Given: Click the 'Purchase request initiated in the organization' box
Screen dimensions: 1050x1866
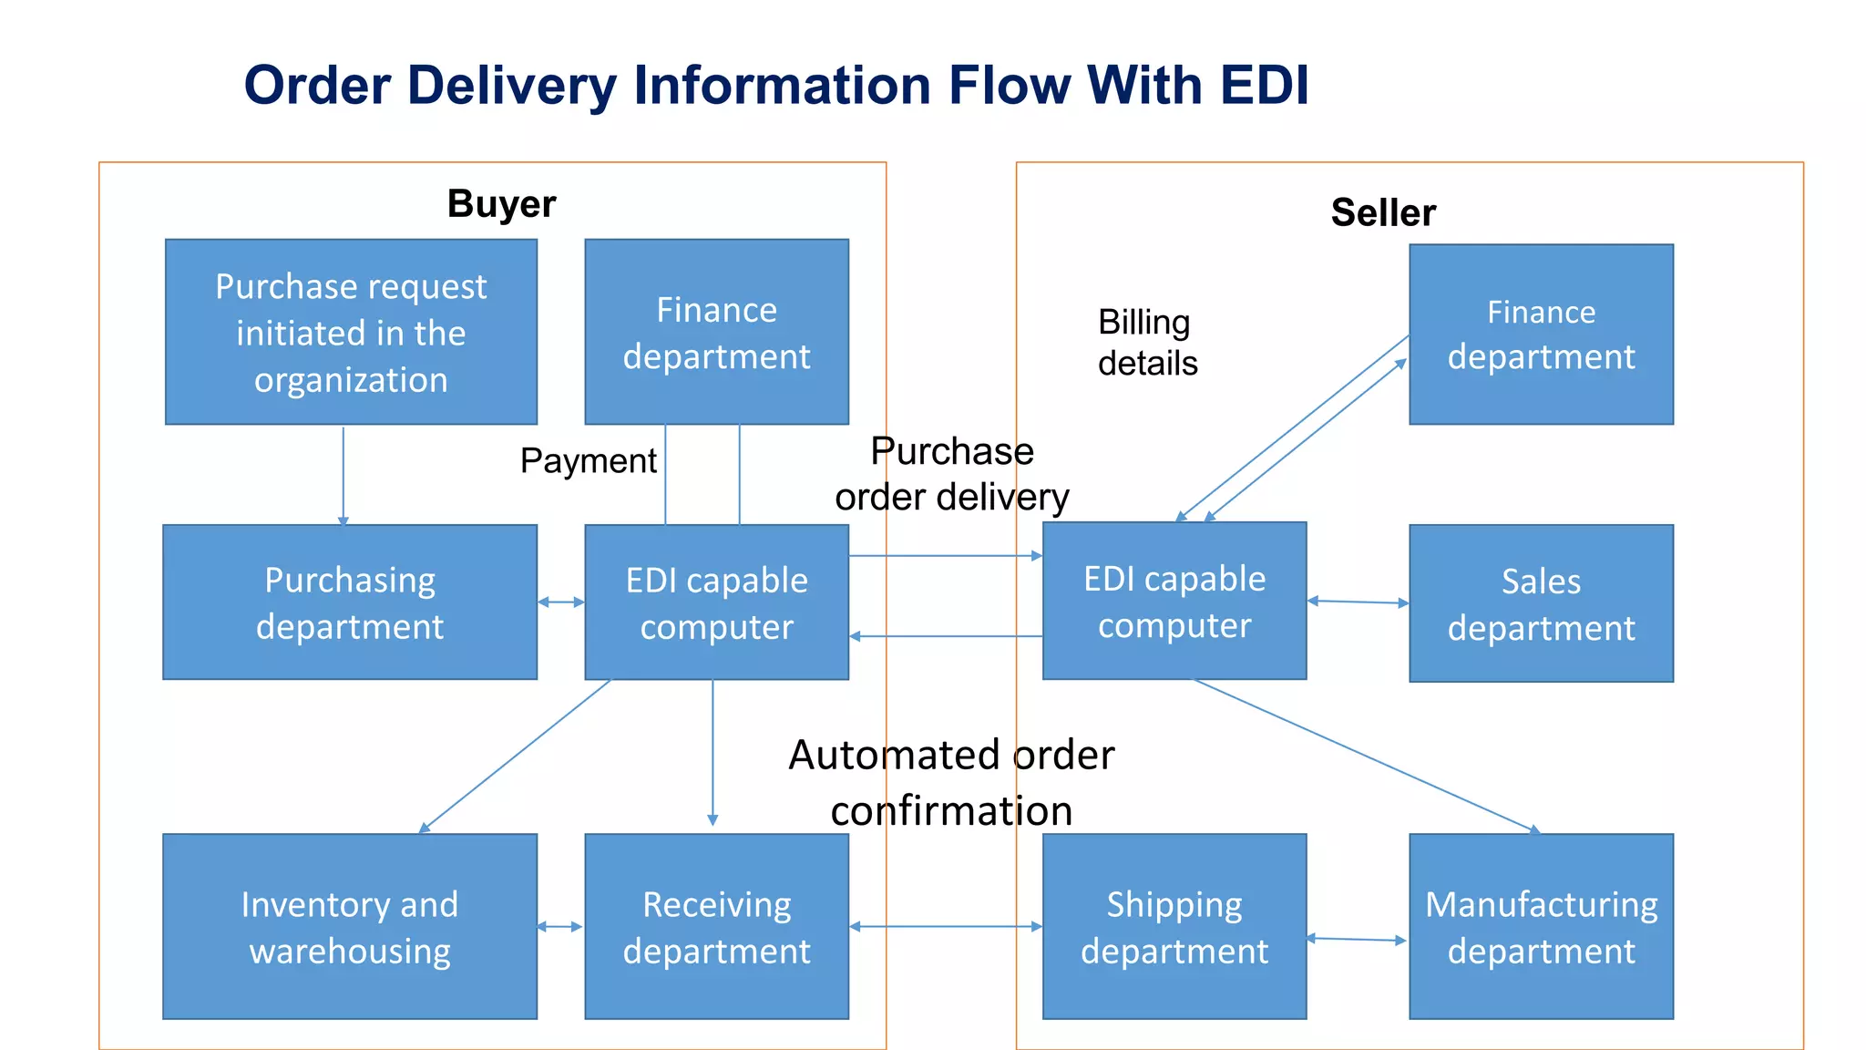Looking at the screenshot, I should [x=351, y=332].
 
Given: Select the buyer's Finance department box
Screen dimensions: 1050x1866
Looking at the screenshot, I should [x=716, y=332].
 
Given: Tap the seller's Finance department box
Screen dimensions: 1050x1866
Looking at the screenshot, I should [x=1541, y=334].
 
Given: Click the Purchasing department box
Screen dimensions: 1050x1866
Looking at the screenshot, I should [x=350, y=602].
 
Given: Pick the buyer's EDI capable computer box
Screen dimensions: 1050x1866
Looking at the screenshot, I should [x=716, y=602].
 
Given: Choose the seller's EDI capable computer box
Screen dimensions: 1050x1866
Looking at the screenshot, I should [x=1174, y=601].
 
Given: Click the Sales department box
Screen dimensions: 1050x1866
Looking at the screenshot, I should [x=1541, y=603].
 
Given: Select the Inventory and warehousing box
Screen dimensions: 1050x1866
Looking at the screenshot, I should [x=350, y=926].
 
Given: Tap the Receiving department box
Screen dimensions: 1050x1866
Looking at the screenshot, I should [x=716, y=926].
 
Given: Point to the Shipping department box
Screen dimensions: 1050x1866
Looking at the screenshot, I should [x=1174, y=926].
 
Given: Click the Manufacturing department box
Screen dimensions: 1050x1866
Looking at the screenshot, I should [x=1541, y=926].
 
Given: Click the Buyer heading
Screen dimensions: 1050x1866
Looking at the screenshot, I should [x=501, y=203].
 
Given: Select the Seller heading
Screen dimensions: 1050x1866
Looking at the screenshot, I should [x=1383, y=212].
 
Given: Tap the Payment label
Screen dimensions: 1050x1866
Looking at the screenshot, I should [x=588, y=461].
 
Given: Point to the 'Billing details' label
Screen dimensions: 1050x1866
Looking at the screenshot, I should [x=1147, y=343].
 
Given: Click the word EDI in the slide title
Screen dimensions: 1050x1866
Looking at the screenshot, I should [x=1264, y=86].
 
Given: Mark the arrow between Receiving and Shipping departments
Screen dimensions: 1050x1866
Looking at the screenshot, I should [x=946, y=927].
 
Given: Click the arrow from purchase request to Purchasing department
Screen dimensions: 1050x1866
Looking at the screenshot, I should [x=343, y=474].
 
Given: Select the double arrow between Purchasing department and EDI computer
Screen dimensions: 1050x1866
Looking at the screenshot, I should [x=561, y=602].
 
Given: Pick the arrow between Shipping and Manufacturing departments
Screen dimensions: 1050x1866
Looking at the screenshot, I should [x=1358, y=939].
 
